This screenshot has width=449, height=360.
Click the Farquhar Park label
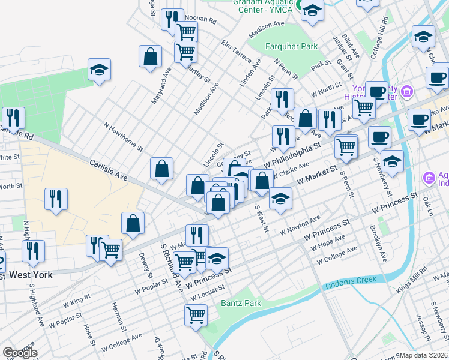[292, 46]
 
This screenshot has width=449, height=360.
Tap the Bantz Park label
[241, 303]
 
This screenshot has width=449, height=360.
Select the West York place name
[31, 275]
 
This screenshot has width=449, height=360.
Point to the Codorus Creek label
[351, 280]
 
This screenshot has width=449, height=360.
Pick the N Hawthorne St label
[124, 137]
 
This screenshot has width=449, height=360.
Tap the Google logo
[20, 353]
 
